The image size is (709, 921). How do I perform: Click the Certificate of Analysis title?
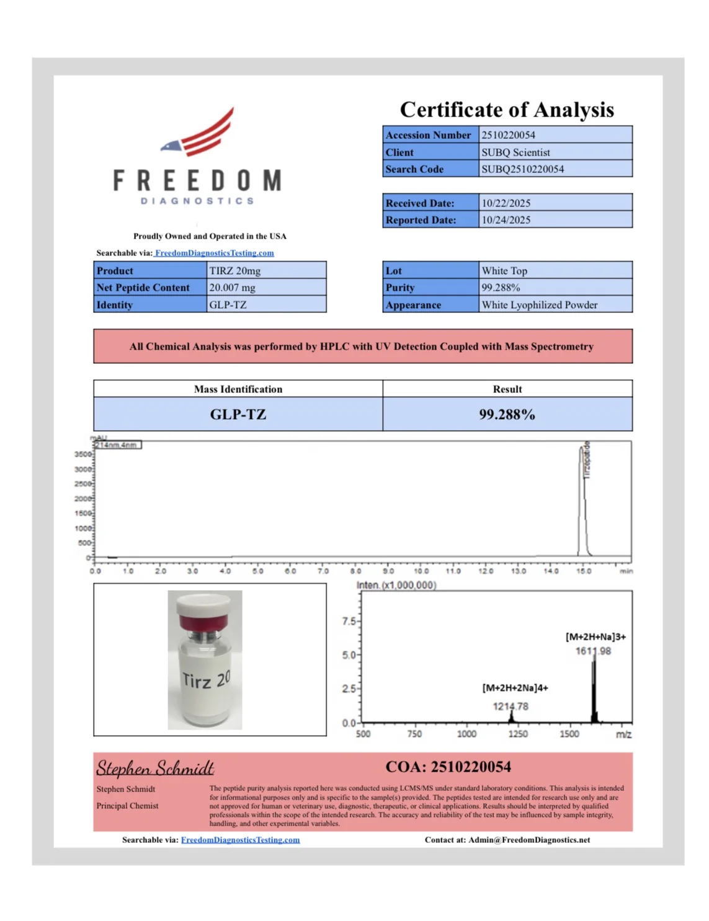(x=507, y=110)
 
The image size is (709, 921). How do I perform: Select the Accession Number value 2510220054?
(x=508, y=135)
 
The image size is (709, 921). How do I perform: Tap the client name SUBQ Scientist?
(x=515, y=152)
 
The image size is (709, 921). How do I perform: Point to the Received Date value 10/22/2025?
(x=506, y=203)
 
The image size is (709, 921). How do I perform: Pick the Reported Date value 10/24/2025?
(x=506, y=220)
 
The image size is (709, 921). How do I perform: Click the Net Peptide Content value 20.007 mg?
(x=232, y=288)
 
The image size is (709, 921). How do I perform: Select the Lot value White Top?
(x=504, y=271)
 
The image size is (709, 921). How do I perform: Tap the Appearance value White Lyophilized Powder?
(x=539, y=305)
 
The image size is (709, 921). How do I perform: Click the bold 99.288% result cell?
(x=507, y=415)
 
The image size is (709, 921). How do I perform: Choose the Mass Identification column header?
(x=238, y=389)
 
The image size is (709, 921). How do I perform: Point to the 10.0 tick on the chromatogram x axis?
(x=421, y=571)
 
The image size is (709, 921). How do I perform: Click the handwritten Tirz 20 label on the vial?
(x=206, y=680)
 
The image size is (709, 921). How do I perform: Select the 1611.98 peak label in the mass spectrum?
(x=593, y=651)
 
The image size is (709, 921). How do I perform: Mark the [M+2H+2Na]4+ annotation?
(x=515, y=688)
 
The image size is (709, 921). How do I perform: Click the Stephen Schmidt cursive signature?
(x=155, y=769)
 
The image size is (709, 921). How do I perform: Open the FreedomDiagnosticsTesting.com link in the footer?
(x=240, y=840)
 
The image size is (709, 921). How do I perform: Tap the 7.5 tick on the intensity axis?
(x=349, y=622)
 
